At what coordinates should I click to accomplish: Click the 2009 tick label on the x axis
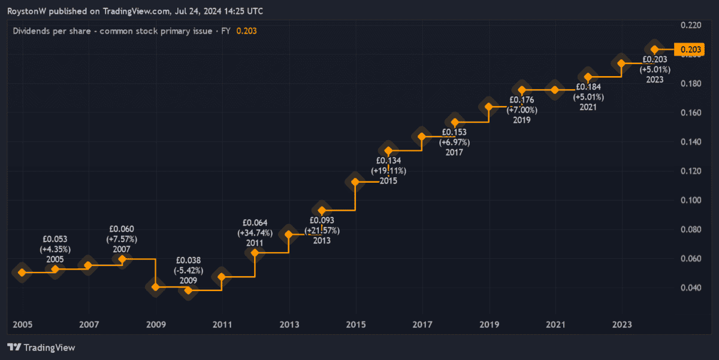(155, 325)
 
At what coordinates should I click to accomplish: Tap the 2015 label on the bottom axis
(356, 325)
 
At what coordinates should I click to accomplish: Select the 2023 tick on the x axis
(624, 325)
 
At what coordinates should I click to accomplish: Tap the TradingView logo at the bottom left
(41, 347)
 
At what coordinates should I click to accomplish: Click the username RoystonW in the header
(28, 11)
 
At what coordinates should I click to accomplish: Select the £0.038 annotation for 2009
(188, 261)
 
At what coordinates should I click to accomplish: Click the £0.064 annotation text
(255, 223)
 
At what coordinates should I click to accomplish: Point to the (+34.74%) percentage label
(255, 233)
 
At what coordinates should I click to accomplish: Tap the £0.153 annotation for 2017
(454, 132)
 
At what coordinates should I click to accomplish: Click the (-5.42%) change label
(188, 270)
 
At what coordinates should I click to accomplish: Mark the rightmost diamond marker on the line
(655, 50)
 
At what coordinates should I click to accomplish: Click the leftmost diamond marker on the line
(22, 273)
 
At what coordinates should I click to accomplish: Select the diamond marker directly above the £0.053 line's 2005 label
(55, 269)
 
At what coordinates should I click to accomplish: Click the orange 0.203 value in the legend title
(246, 31)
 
